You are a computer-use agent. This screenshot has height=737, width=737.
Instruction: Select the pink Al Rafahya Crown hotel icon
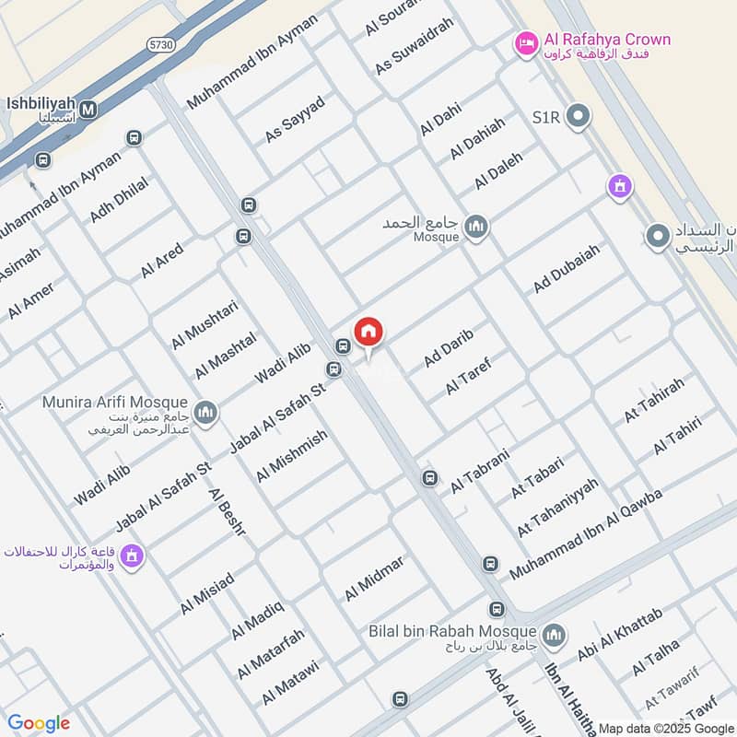[526, 42]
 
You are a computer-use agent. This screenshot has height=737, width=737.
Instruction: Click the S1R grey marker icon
[579, 117]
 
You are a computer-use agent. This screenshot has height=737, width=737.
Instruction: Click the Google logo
[39, 723]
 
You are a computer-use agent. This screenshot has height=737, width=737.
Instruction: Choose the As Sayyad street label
[295, 119]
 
